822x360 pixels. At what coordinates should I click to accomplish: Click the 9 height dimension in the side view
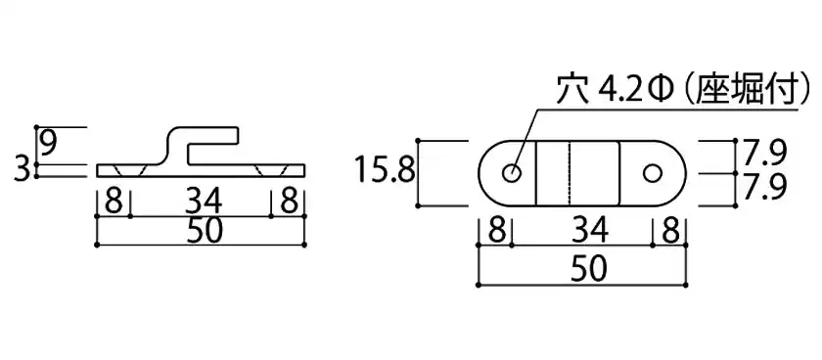(49, 144)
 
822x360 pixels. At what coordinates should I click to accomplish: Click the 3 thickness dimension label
(21, 170)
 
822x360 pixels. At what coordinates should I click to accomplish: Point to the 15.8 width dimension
(385, 171)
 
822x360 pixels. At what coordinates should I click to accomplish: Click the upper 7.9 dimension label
(763, 153)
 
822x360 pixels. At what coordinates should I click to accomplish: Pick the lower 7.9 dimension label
(763, 188)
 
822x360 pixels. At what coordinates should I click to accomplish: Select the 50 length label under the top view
(589, 270)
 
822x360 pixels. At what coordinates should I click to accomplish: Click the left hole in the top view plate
(511, 173)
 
